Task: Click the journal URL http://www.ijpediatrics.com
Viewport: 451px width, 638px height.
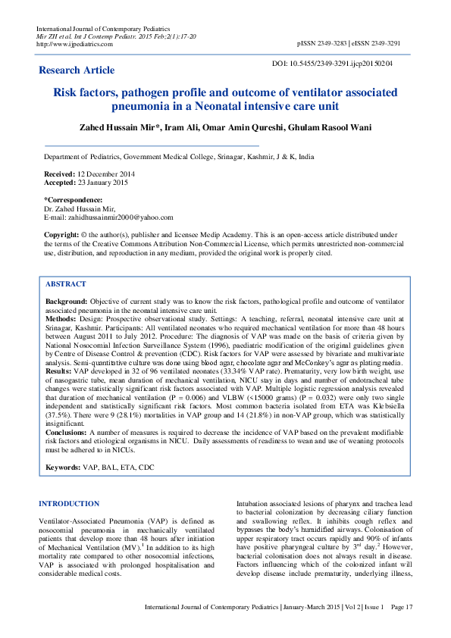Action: (x=75, y=44)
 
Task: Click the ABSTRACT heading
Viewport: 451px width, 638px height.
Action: (x=66, y=283)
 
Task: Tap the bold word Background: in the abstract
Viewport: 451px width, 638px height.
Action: (x=66, y=302)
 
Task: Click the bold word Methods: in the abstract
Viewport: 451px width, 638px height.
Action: (x=62, y=320)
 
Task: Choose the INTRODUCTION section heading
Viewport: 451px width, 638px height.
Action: (x=68, y=503)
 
